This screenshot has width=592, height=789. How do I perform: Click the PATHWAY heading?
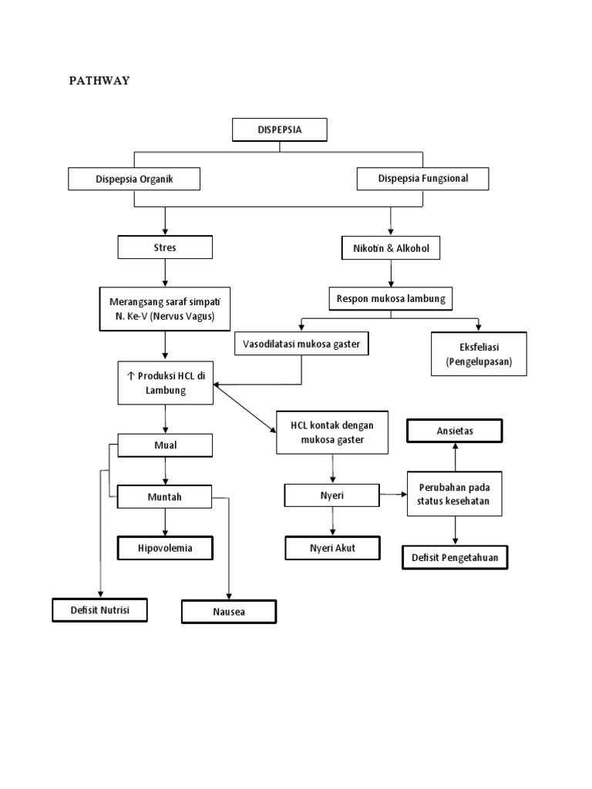click(101, 81)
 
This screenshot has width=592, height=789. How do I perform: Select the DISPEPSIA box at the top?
click(279, 130)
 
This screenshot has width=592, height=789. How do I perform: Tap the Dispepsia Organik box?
click(134, 179)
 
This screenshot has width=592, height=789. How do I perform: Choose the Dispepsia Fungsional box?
click(423, 179)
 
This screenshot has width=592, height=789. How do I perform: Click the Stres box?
click(164, 247)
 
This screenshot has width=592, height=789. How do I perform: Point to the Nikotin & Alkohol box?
click(392, 248)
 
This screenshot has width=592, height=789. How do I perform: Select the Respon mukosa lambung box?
click(391, 298)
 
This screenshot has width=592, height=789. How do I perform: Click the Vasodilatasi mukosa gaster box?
click(301, 344)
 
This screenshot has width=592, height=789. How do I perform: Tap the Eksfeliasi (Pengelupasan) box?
click(479, 354)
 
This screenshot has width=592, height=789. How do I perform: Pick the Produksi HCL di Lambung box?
click(165, 382)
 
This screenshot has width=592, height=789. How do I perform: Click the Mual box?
click(164, 445)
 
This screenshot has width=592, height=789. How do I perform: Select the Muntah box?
click(164, 497)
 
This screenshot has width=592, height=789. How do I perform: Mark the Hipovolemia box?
click(165, 548)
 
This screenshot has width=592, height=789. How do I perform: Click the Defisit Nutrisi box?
click(99, 609)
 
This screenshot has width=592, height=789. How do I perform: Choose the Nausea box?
click(228, 612)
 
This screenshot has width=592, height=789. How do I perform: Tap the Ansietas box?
click(455, 431)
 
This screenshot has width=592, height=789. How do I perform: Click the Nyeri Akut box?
click(333, 548)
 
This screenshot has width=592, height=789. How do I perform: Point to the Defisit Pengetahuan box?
click(455, 557)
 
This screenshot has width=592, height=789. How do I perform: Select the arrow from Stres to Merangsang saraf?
click(164, 273)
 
